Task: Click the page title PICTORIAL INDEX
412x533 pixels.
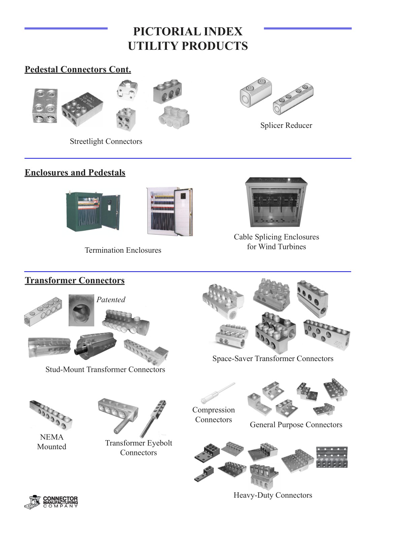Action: [x=187, y=32]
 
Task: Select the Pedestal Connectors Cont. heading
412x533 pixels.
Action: [x=78, y=70]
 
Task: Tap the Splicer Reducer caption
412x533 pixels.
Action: [x=286, y=126]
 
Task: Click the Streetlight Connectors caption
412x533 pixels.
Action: [x=106, y=141]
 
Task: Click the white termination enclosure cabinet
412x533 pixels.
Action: [x=169, y=211]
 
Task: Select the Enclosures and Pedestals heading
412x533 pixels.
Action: [x=75, y=173]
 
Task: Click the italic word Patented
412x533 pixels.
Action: [x=111, y=300]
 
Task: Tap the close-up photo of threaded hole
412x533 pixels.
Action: [x=81, y=310]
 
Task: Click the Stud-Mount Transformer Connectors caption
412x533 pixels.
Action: [x=105, y=369]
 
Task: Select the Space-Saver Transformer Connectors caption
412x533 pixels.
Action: [x=273, y=359]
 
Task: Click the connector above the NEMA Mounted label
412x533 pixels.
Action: [x=51, y=415]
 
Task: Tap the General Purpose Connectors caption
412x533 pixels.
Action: [x=296, y=425]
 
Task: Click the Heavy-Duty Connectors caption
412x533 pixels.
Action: [x=273, y=495]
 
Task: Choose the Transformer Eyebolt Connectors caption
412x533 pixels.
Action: [x=138, y=448]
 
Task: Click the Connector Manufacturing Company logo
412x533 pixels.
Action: [x=51, y=502]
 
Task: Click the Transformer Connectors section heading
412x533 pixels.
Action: [x=74, y=281]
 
